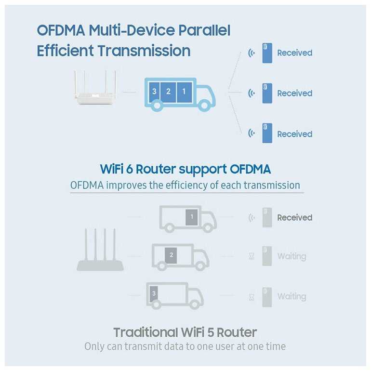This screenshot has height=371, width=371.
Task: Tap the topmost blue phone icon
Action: [267, 53]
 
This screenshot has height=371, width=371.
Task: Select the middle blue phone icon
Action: [267, 93]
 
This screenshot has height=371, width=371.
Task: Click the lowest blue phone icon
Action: [267, 133]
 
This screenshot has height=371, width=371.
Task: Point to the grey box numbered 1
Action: [192, 217]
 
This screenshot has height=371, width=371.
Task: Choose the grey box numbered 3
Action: [154, 293]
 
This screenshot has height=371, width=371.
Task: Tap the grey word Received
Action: [294, 218]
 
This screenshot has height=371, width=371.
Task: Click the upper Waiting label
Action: [291, 256]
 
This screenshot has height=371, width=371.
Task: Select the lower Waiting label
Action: [291, 297]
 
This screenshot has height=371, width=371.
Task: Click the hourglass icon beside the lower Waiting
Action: [251, 297]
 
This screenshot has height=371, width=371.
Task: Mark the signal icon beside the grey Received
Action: [251, 218]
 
